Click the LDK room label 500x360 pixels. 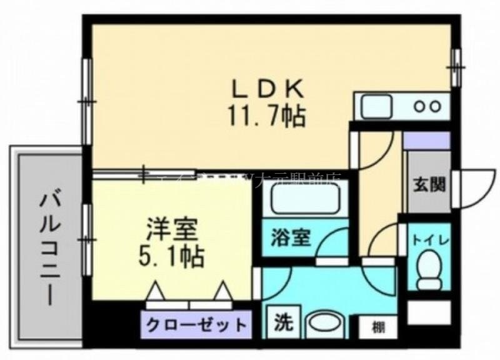click(x=269, y=89)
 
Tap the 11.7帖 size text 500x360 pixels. click(x=269, y=116)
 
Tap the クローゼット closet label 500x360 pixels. click(x=196, y=325)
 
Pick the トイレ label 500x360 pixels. click(x=429, y=238)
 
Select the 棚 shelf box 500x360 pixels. click(x=377, y=326)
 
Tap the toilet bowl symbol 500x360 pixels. click(x=429, y=265)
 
